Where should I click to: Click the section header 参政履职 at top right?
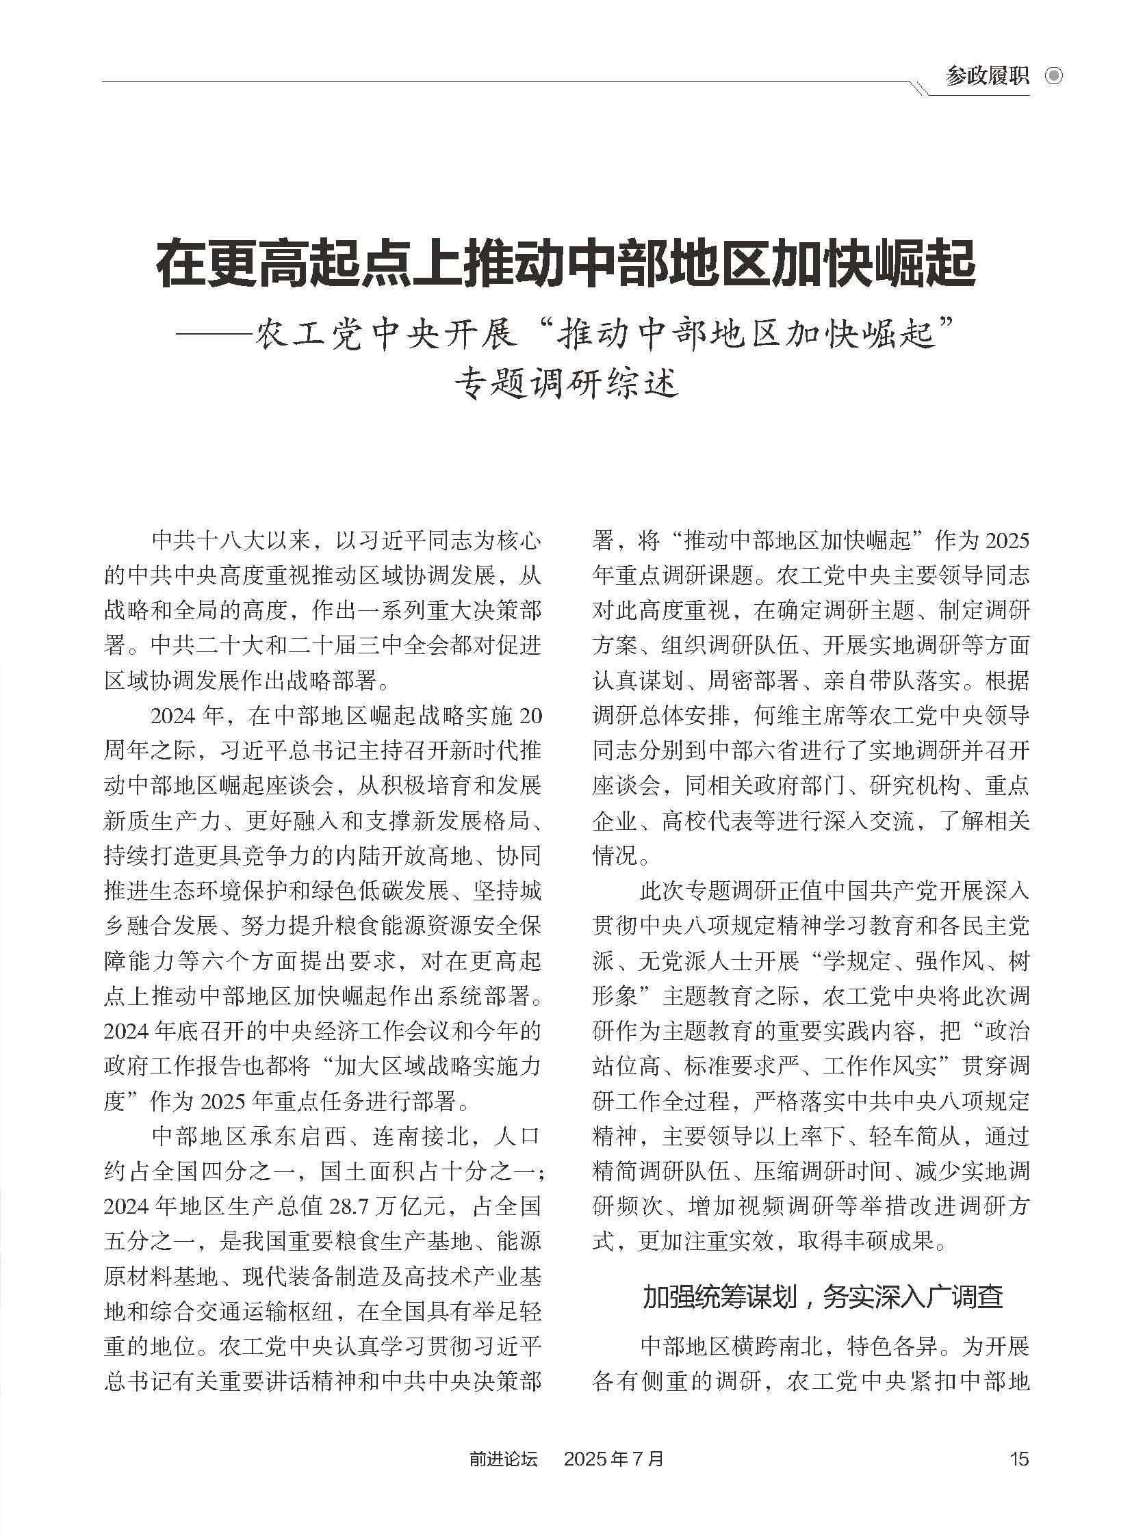point(987,76)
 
